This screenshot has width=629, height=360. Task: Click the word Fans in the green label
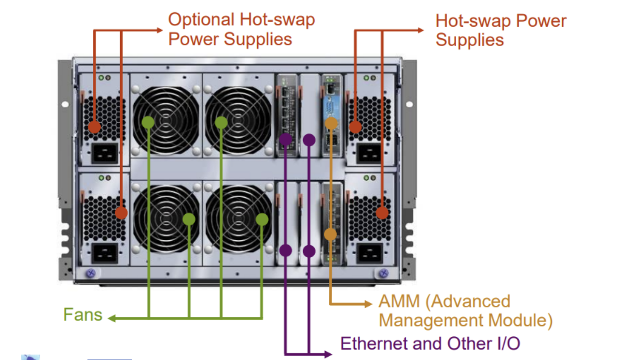83,314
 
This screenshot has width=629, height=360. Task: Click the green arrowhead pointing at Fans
111,318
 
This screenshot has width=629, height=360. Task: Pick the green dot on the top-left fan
148,122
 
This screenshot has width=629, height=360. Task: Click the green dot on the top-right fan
221,122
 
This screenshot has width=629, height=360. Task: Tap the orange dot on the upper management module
331,123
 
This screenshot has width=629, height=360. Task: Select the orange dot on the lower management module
330,234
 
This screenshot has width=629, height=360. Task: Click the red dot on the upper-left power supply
94,127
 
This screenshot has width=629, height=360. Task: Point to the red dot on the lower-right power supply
383,213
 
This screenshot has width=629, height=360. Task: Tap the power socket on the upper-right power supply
370,154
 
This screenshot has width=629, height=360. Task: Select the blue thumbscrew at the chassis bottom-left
90,273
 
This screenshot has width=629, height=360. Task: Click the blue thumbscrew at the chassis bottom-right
384,273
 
